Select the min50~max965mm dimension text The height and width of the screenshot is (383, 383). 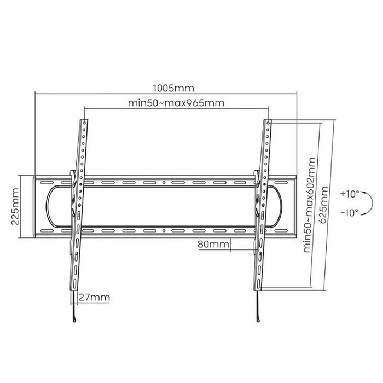[x=176, y=103]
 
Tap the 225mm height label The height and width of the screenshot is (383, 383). [x=15, y=207]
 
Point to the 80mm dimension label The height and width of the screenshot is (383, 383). [x=213, y=245]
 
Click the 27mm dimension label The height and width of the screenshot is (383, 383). [x=94, y=298]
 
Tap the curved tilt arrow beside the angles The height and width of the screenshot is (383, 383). [x=369, y=203]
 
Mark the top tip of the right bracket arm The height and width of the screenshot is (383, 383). [x=268, y=121]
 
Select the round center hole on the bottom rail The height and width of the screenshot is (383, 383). [x=164, y=232]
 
